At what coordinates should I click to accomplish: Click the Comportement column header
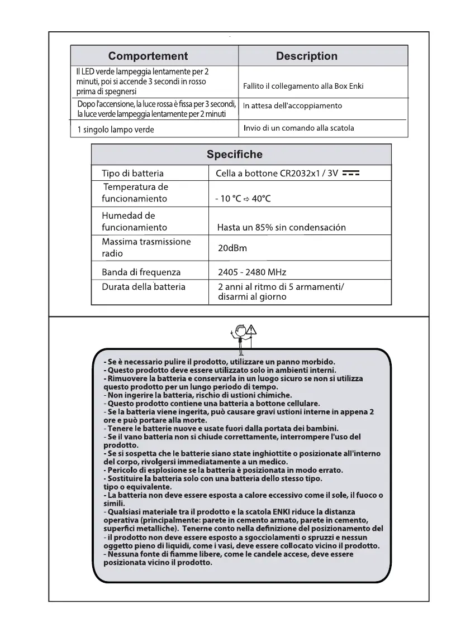(x=148, y=56)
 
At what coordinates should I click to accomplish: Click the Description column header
(x=307, y=56)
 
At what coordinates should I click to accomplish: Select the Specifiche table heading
(x=234, y=154)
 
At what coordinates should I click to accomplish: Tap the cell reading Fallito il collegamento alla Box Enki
(x=303, y=87)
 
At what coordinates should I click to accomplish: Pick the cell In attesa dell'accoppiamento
(x=292, y=106)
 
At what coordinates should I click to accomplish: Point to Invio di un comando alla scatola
(x=298, y=128)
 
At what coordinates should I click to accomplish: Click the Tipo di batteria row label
(x=132, y=174)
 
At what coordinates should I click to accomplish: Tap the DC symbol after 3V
(x=350, y=174)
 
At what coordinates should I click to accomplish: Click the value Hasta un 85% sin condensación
(x=281, y=227)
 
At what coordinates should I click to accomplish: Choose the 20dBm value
(x=232, y=247)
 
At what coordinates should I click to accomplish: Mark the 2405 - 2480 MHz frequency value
(x=251, y=272)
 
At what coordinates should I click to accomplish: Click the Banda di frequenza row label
(x=141, y=272)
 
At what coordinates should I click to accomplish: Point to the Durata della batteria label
(x=144, y=287)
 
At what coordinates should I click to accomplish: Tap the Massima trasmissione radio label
(x=146, y=247)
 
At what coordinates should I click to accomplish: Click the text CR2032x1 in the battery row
(x=301, y=174)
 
